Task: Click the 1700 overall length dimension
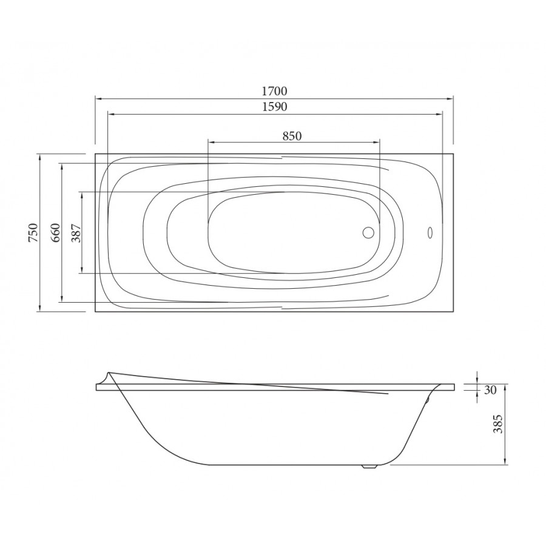[x=274, y=91]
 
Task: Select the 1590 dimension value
[x=274, y=107]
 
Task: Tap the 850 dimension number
[x=292, y=136]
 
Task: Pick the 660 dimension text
[x=56, y=232]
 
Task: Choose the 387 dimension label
[x=76, y=232]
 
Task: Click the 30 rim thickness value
[x=490, y=390]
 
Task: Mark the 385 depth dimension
[x=499, y=424]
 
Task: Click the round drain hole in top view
[x=368, y=232]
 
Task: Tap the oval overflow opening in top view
[x=430, y=232]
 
